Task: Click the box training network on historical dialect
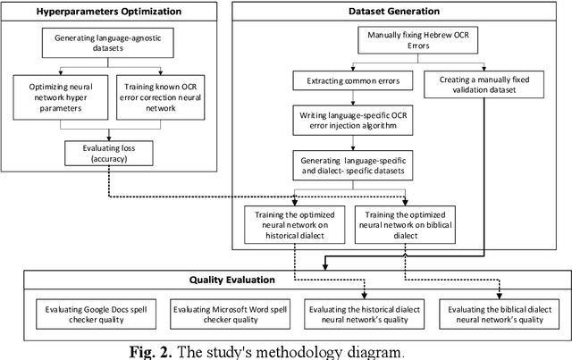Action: [x=296, y=224]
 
